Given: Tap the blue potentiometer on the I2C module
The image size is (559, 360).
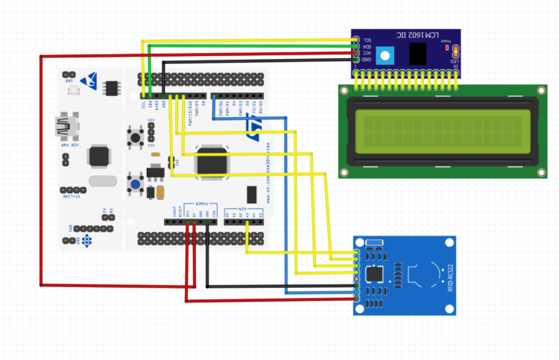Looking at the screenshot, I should click(x=384, y=55).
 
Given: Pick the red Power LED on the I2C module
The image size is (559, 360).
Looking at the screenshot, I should click(x=447, y=48).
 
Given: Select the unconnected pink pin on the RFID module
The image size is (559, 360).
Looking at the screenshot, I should click(x=358, y=278).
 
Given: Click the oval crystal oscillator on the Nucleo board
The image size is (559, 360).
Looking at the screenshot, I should click(x=102, y=180).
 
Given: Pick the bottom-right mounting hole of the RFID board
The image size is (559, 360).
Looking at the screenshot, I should click(x=447, y=308).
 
